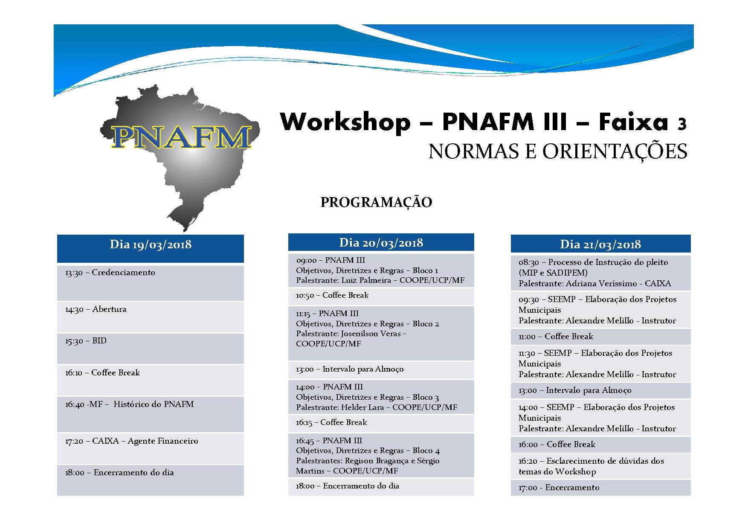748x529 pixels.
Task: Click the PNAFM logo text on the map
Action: coord(181,137)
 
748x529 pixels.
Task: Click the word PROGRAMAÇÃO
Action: coord(376,202)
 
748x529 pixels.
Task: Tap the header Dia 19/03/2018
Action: coord(151,244)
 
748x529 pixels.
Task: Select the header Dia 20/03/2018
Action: coord(381,243)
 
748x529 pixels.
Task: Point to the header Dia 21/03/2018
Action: coord(600,244)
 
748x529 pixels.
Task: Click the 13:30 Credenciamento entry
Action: coord(110,273)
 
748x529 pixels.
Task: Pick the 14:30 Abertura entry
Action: coord(96,309)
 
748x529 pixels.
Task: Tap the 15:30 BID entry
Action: coord(86,341)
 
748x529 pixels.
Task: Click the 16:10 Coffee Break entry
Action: coord(102,372)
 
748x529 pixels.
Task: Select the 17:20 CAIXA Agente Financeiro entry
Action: coord(132,441)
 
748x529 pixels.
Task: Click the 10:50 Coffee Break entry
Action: coord(332,295)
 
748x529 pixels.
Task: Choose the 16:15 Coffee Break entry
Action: coord(331,422)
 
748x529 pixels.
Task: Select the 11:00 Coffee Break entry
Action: coord(556,337)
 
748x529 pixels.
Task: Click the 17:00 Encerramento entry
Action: coord(559,488)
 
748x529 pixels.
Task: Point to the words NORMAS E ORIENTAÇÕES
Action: coord(558,151)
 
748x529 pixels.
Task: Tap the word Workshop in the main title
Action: coord(345,122)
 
